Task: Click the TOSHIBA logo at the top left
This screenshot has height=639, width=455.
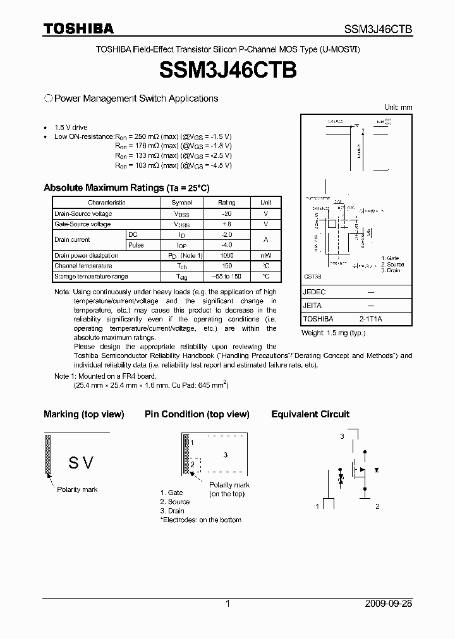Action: (x=78, y=28)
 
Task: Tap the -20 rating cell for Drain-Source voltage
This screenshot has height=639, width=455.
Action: (x=227, y=214)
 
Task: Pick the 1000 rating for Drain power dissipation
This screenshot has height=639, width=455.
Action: (x=226, y=255)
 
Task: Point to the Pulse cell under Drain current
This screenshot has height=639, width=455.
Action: (x=136, y=245)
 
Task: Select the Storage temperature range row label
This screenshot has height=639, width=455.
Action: (x=91, y=277)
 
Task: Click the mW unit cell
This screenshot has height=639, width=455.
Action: (x=265, y=255)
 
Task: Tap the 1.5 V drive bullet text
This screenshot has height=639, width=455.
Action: (x=71, y=128)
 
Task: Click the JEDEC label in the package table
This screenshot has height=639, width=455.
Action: (x=314, y=293)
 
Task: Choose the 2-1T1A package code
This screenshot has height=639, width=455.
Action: (x=371, y=319)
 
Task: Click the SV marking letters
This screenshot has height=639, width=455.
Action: (x=81, y=463)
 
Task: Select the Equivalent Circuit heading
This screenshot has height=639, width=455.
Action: (x=310, y=414)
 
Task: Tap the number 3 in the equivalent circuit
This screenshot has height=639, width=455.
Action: (x=342, y=436)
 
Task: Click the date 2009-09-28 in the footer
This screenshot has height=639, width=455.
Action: (x=389, y=604)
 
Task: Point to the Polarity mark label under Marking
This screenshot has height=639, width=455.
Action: (x=77, y=490)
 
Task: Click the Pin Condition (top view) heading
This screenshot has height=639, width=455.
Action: (x=197, y=414)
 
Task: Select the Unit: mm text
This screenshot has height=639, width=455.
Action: (x=398, y=107)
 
